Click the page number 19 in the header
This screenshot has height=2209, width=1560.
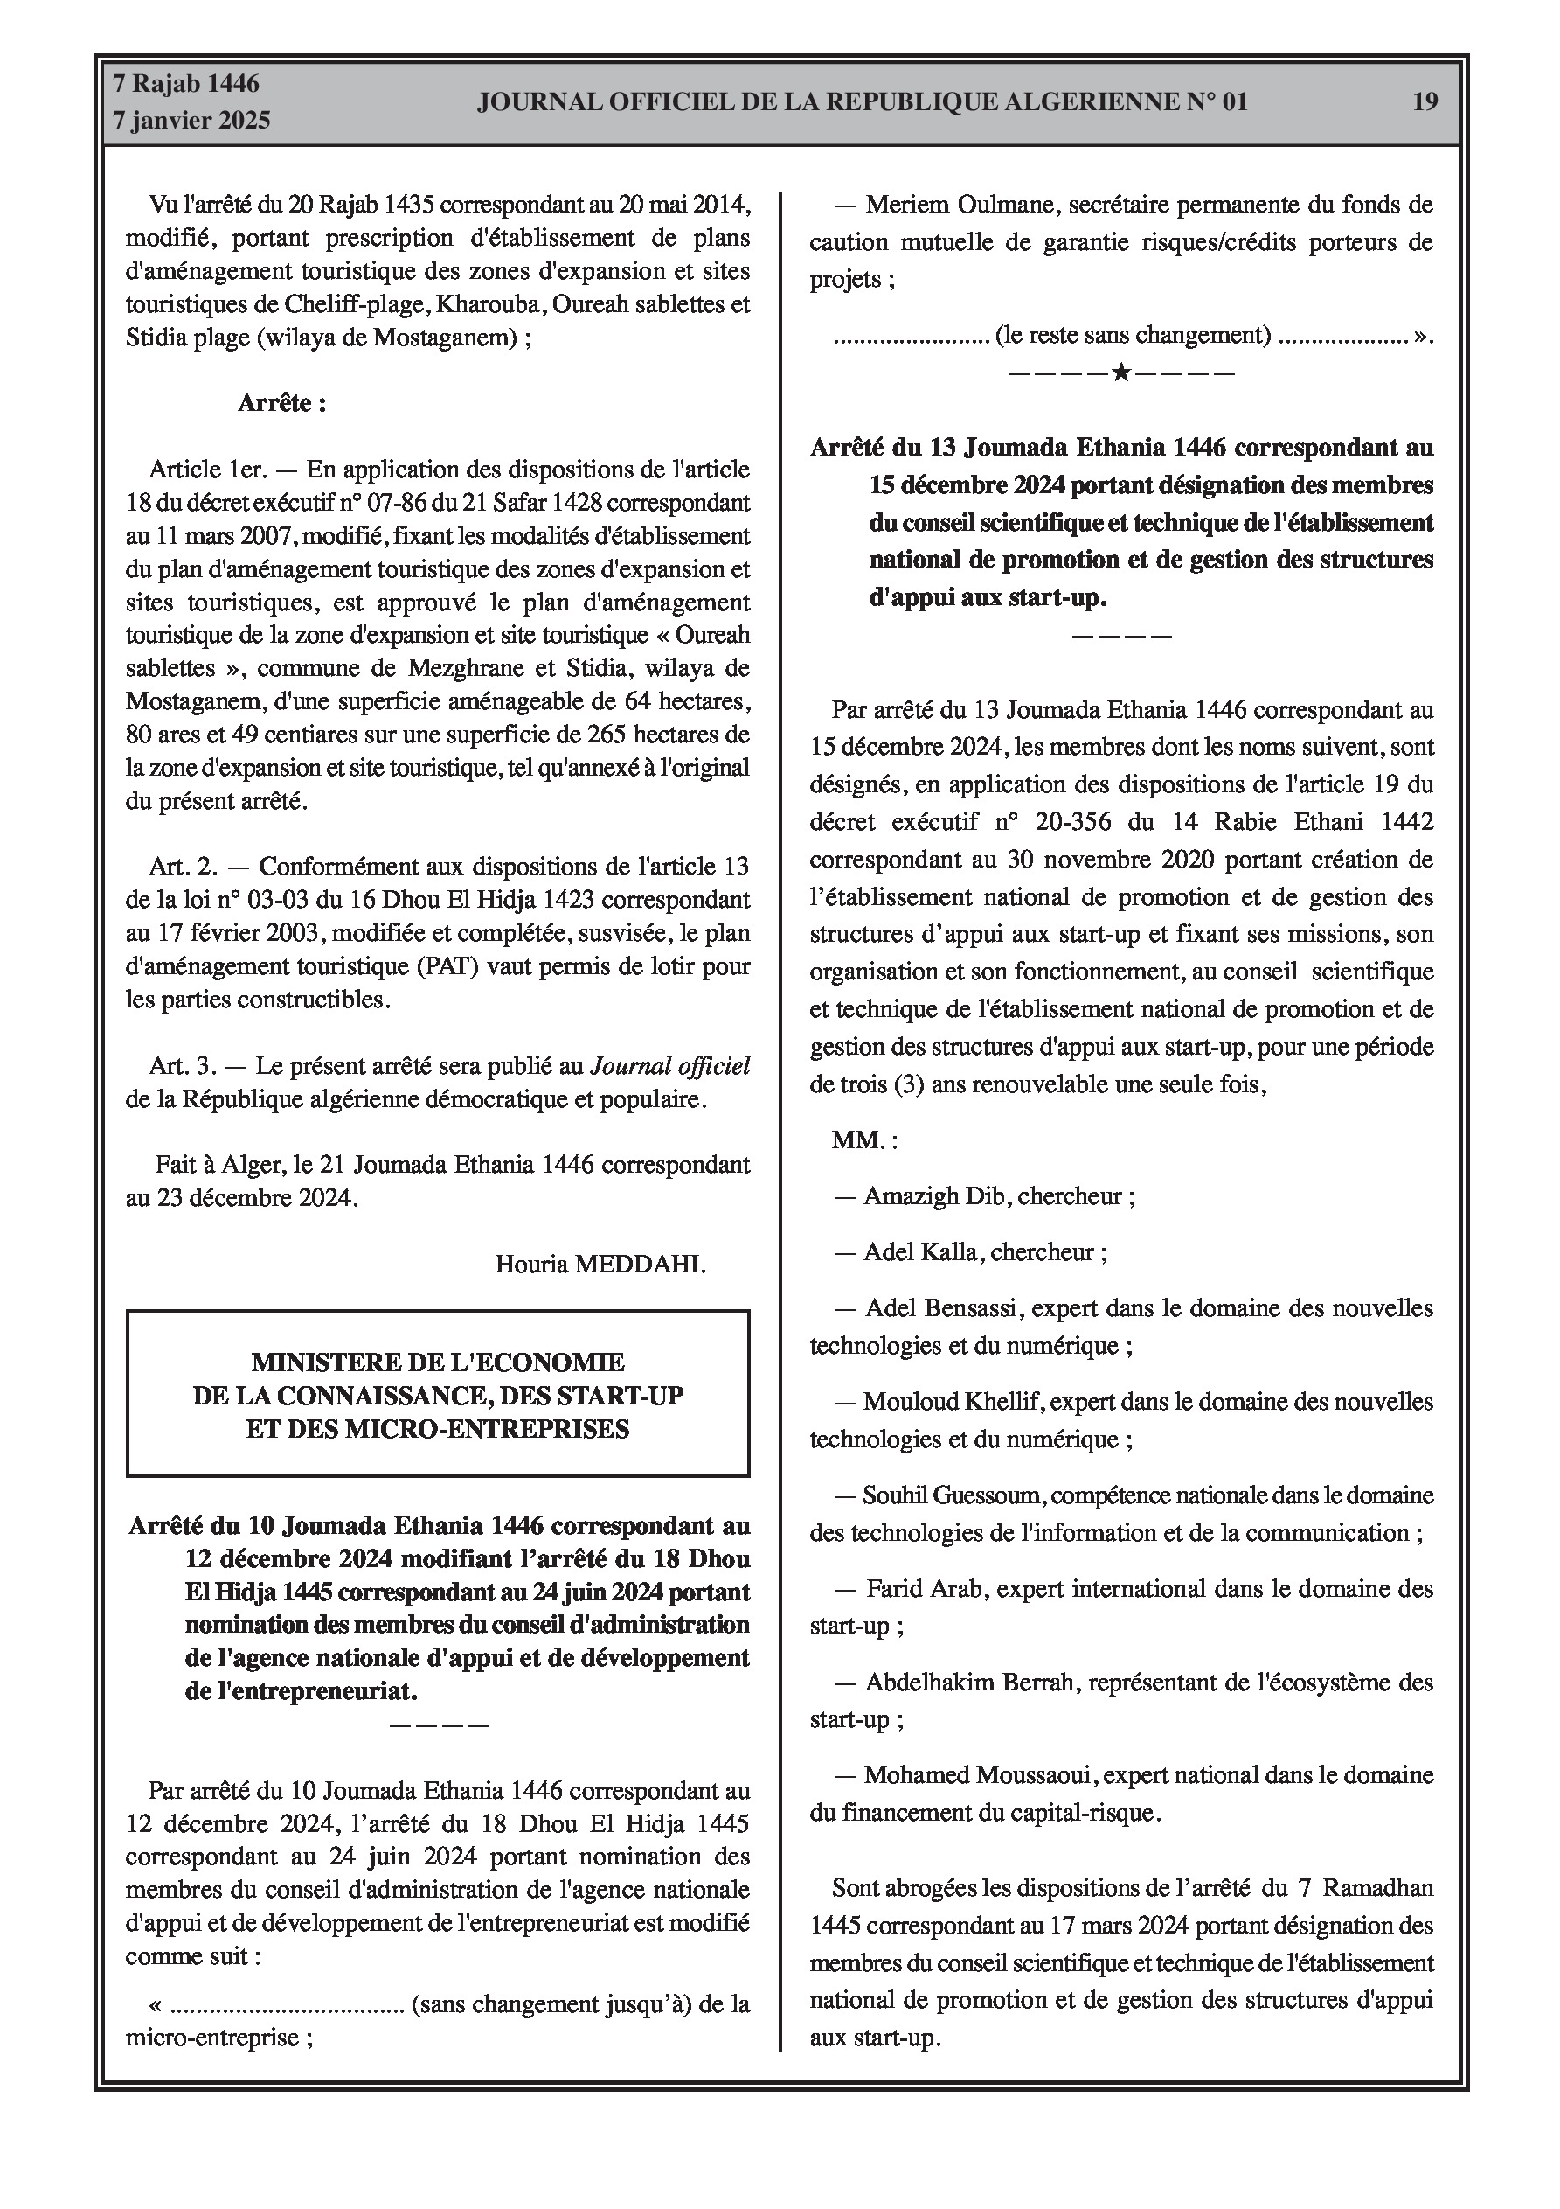click(1425, 102)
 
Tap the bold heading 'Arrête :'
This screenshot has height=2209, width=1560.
click(281, 403)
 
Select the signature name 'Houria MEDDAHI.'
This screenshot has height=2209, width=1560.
click(600, 1264)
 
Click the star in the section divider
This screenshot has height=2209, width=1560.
click(1120, 373)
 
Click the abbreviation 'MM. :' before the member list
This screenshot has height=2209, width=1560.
click(864, 1140)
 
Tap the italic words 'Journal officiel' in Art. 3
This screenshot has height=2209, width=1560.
click(669, 1066)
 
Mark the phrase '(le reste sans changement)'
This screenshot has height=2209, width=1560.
click(1133, 335)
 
